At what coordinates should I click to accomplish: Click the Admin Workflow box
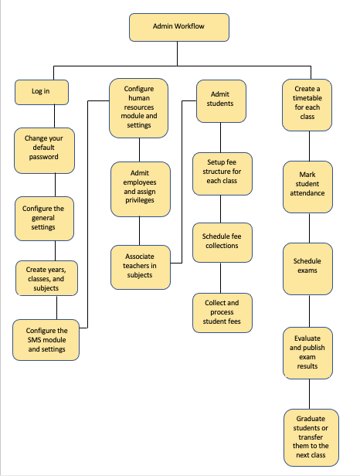179,27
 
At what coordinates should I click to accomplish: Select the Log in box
42,92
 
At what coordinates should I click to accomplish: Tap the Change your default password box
44,151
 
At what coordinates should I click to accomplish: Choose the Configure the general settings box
44,219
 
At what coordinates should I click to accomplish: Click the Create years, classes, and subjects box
47,278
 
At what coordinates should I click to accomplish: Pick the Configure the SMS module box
46,340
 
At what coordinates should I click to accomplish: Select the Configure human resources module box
139,108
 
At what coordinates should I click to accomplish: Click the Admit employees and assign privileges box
141,189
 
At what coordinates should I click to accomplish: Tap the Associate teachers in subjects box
141,267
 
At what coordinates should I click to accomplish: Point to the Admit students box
221,101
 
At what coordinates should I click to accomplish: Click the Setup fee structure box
222,174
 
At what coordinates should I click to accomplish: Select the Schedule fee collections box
222,243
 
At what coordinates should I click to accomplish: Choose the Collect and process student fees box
222,313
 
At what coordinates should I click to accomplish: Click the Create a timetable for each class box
307,105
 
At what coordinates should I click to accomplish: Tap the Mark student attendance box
307,187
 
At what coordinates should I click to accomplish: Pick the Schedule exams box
307,269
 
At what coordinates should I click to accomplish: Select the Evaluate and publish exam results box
307,353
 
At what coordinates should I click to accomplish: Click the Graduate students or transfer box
311,437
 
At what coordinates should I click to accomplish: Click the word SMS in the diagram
34,340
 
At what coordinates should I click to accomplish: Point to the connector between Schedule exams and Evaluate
309,311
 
